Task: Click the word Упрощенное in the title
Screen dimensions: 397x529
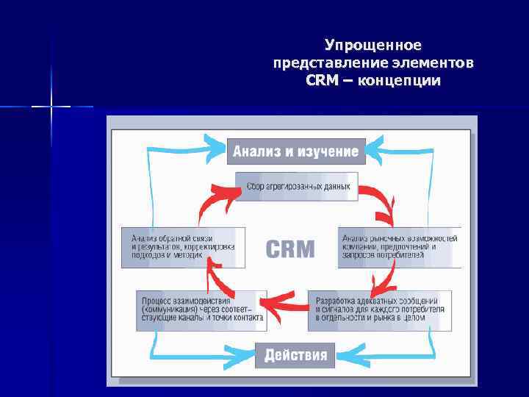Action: (x=373, y=46)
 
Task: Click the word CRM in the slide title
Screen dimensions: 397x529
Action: (x=321, y=79)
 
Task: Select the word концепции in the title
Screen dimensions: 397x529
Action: (x=400, y=79)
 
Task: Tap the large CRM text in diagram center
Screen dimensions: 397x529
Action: (x=289, y=248)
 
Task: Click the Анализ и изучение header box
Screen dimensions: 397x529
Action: (x=295, y=151)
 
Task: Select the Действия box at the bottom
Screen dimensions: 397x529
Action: (x=295, y=355)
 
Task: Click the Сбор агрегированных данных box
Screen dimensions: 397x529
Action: (x=297, y=187)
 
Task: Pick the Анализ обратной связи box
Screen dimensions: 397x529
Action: (x=179, y=247)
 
